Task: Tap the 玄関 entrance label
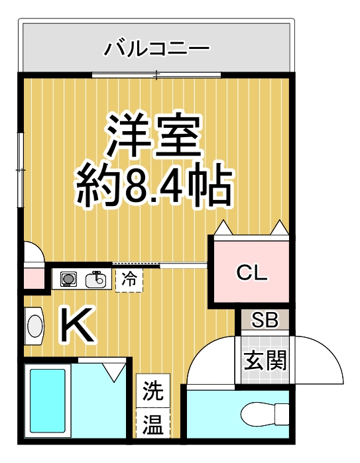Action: [265, 361]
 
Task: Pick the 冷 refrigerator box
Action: [129, 279]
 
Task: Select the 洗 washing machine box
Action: [153, 391]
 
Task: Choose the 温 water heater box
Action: [153, 423]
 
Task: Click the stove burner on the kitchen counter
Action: [68, 279]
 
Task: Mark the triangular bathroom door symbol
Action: [114, 369]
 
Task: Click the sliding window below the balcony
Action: [156, 73]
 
